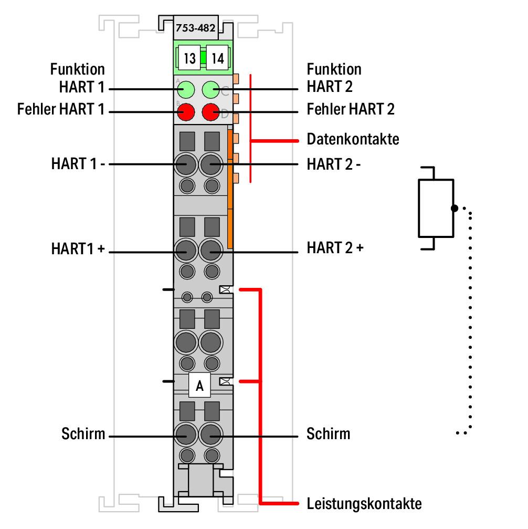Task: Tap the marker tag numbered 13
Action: click(190, 58)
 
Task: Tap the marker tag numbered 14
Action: click(217, 58)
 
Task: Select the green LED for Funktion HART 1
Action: click(185, 89)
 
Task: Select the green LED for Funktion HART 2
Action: click(212, 89)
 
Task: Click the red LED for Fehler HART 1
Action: click(185, 112)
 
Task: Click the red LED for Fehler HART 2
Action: click(212, 112)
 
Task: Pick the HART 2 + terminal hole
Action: click(212, 251)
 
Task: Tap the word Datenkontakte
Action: click(353, 140)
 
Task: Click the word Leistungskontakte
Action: click(364, 504)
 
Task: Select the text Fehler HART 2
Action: click(351, 109)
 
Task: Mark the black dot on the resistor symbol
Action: click(455, 208)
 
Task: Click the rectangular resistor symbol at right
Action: click(436, 208)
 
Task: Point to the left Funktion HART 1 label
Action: click(78, 78)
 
